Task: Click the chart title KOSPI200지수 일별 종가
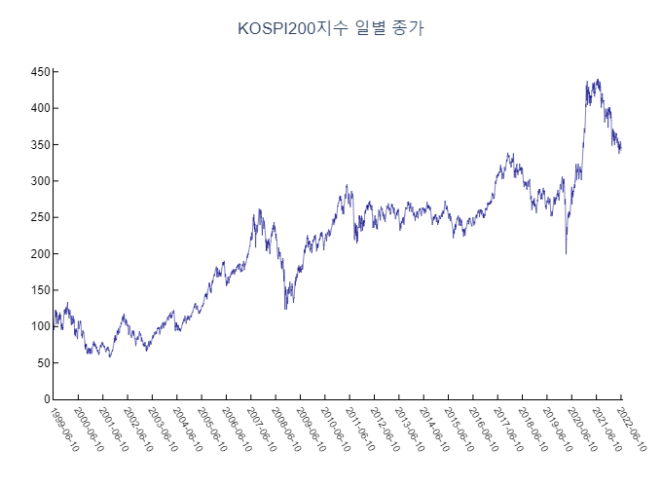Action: [331, 29]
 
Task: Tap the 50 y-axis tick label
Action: [42, 362]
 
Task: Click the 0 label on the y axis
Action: [46, 399]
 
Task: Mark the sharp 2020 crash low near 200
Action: [566, 253]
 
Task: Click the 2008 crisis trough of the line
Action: [285, 309]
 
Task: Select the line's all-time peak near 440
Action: [598, 80]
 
